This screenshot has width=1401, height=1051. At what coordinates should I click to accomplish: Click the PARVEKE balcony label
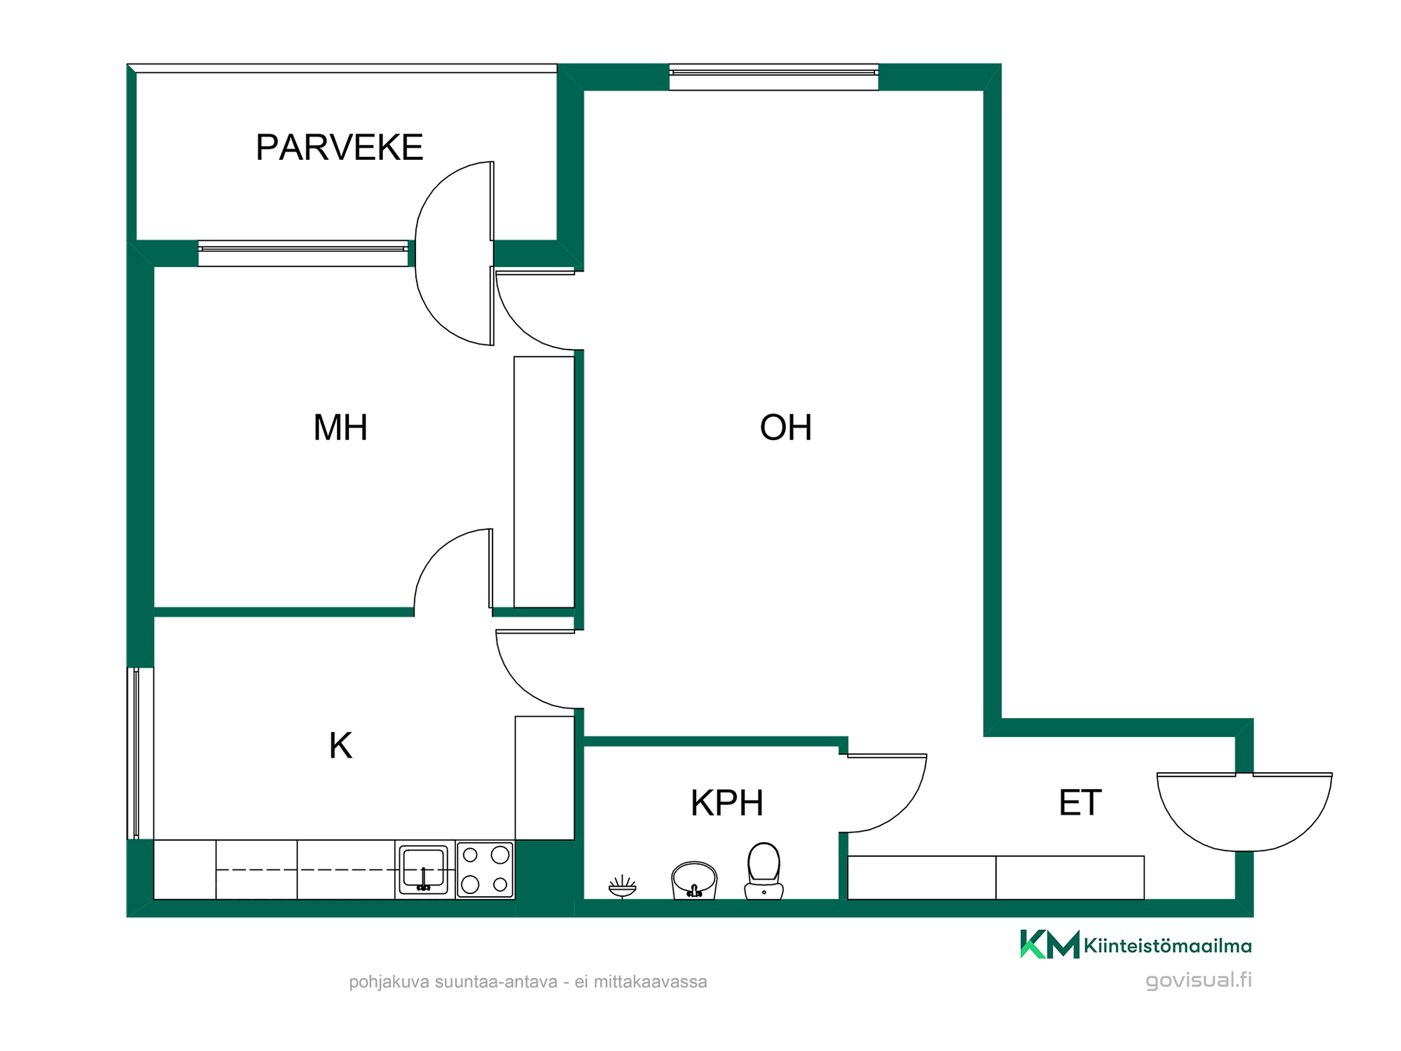339,147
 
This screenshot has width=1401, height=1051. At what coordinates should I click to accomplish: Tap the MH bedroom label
340,428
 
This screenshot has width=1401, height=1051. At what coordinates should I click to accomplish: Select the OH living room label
786,428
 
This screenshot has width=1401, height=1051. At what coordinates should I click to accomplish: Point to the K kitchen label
341,746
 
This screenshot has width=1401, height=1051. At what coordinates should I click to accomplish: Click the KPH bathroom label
727,803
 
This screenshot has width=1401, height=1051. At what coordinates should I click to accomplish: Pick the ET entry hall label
1080,803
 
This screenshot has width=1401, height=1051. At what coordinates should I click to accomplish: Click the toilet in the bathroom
764,871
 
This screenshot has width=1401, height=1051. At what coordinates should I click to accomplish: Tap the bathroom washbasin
694,880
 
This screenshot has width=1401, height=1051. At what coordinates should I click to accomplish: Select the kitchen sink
423,869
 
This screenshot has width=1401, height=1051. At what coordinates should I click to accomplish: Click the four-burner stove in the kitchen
485,869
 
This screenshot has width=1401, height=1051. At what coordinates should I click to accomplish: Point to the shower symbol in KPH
622,887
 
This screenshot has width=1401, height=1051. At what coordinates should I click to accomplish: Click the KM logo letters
1049,944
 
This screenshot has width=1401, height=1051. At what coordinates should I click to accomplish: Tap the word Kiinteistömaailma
1167,946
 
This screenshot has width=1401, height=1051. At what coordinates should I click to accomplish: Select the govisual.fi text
1199,979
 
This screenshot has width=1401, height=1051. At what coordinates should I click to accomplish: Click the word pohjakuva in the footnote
390,982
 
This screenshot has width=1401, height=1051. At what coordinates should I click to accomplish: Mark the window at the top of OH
773,77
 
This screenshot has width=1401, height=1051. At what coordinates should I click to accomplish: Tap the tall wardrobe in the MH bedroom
544,482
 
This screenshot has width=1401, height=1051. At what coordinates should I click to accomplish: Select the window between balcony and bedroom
303,253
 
